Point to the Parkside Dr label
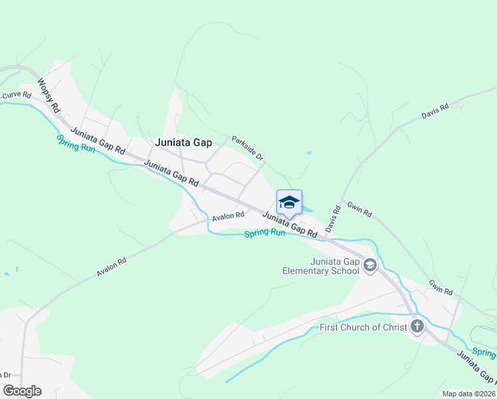(x=248, y=148)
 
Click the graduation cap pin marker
(x=289, y=202)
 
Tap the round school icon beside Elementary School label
(x=370, y=266)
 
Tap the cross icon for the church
(x=417, y=327)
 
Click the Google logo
(x=22, y=391)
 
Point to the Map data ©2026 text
(x=468, y=394)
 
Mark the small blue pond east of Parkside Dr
(x=309, y=154)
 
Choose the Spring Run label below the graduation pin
(x=264, y=233)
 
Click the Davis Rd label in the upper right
(x=435, y=111)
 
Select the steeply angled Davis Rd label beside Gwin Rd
(x=333, y=219)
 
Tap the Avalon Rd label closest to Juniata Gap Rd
(x=229, y=216)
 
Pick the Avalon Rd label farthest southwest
(x=112, y=267)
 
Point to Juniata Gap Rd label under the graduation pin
(x=290, y=225)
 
